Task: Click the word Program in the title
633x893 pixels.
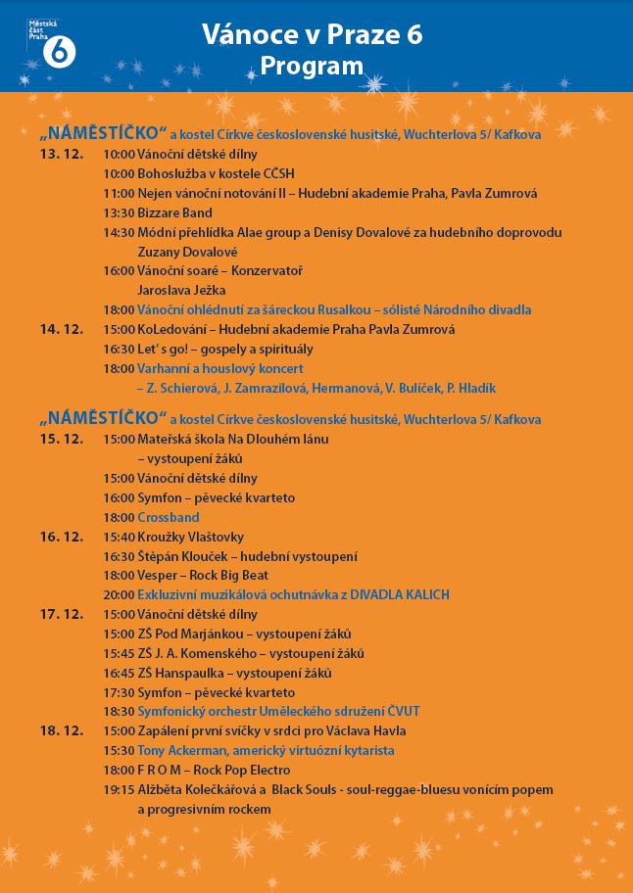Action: tap(312, 66)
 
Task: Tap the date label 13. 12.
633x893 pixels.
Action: tap(60, 154)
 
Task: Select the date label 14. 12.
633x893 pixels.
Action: tap(60, 329)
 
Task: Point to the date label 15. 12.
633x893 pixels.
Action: tap(60, 439)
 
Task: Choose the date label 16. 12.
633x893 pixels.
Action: tap(60, 537)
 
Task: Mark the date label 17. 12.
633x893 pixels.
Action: tap(60, 614)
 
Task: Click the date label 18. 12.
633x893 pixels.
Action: tap(60, 730)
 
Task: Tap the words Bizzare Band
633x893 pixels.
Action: tap(174, 212)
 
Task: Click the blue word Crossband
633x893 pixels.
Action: tap(169, 517)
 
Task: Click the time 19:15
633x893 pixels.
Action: tap(118, 789)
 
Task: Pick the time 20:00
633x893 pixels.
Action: tap(118, 594)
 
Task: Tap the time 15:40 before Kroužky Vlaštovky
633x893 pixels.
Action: tap(118, 537)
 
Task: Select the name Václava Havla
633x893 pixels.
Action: tap(365, 730)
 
